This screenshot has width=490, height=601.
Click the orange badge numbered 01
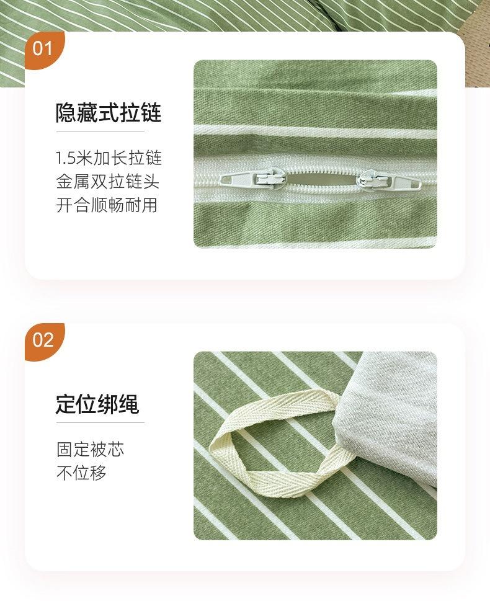[43, 48]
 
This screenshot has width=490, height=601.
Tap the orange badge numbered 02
[43, 340]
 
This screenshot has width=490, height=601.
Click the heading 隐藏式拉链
[109, 113]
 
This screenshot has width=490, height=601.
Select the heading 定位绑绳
[97, 404]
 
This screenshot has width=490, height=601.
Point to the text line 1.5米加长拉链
[109, 158]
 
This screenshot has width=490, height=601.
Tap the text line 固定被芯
[90, 449]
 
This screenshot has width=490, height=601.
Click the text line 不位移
[81, 473]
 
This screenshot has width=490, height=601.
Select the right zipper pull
[385, 181]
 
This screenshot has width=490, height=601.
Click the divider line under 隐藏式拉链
[100, 131]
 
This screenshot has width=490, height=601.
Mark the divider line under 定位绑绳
[100, 423]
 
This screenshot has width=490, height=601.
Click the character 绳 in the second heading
[129, 404]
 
